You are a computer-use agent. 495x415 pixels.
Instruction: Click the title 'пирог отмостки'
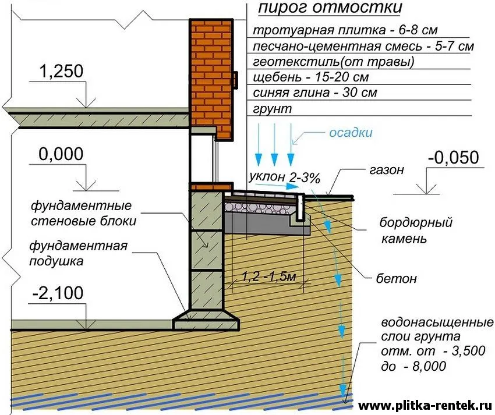pos(330,9)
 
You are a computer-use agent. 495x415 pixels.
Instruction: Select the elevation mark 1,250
pos(61,71)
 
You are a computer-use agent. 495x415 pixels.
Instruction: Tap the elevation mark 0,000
pos(61,154)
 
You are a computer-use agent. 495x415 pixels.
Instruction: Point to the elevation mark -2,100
pos(58,293)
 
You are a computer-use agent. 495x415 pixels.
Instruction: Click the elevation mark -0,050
pos(454,158)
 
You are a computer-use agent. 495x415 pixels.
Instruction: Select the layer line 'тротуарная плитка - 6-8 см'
pos(345,30)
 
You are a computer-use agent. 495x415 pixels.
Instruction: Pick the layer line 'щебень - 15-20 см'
pos(310,77)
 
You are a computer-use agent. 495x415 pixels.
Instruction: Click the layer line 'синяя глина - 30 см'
pos(315,93)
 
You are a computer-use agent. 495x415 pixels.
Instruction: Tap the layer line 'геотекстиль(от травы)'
pos(334,62)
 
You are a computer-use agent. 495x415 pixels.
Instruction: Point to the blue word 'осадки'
pos(351,133)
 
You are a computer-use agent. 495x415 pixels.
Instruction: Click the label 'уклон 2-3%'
pos(284,178)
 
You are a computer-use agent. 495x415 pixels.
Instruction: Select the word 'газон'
pos(387,170)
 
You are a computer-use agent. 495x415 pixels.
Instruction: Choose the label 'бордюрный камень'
pos(416,230)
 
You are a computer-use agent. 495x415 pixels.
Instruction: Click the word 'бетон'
pos(396,279)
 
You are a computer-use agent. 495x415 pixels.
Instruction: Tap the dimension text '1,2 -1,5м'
pos(269,276)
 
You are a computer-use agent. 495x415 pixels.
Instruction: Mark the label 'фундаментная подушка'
pos(78,253)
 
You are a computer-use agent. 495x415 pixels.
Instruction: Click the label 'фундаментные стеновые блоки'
pos(83,213)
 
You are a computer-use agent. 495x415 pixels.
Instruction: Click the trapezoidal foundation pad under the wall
pos(205,320)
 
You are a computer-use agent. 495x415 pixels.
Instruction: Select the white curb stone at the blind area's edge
pos(300,207)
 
